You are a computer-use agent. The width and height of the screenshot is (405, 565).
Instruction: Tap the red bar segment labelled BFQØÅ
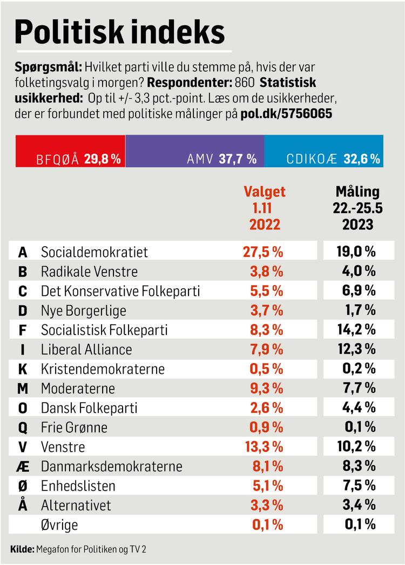point(71,152)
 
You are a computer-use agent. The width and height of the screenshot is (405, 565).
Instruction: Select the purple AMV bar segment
point(194,152)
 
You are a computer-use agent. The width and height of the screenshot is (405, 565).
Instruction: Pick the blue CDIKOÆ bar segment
point(323,152)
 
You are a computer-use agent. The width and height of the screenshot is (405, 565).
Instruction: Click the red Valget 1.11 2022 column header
point(265,208)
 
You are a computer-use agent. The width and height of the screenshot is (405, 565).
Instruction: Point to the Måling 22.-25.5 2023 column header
point(357,208)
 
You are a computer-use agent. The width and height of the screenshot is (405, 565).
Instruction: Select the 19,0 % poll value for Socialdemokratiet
point(357,252)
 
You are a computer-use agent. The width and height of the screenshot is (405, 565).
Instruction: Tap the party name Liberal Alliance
point(86,349)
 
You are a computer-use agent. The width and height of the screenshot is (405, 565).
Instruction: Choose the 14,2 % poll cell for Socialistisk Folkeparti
point(357,330)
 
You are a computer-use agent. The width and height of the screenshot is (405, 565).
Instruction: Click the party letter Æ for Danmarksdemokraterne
point(23,466)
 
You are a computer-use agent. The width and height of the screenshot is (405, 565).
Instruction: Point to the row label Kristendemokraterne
point(103,369)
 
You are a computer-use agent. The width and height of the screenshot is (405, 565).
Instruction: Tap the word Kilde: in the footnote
point(22,549)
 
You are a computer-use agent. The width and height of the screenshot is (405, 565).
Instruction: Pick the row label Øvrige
point(59,524)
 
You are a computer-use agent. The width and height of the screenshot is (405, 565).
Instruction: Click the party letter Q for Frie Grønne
point(23,427)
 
